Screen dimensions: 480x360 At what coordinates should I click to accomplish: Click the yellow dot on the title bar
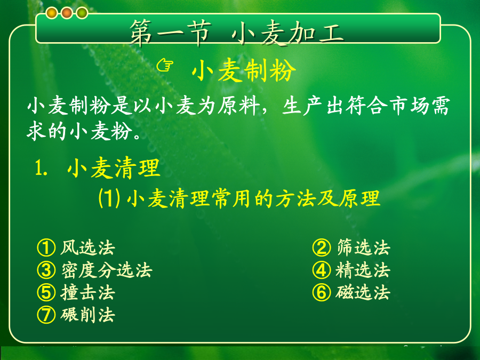(x=52, y=13)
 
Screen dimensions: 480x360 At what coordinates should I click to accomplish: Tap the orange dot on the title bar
(x=67, y=13)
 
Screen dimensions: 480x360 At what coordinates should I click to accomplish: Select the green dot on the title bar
(x=82, y=13)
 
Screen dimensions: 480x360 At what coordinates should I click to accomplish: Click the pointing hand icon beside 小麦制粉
(x=165, y=65)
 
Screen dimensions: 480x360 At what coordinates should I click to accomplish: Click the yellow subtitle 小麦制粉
(x=244, y=71)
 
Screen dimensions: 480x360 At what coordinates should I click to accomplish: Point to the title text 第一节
(x=171, y=33)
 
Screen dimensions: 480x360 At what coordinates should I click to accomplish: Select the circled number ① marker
(x=46, y=247)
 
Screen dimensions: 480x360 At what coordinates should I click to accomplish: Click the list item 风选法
(x=87, y=247)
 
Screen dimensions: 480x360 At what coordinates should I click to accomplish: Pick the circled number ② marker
(x=322, y=247)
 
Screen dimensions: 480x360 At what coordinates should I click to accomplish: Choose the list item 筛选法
(x=363, y=247)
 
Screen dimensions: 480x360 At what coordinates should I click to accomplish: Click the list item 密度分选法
(x=107, y=270)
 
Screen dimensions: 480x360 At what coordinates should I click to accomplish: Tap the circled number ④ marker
(x=322, y=270)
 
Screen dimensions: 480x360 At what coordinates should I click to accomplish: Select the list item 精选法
(x=363, y=270)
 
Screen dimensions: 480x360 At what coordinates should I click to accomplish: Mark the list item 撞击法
(x=87, y=292)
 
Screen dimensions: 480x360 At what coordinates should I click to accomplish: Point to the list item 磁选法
(x=363, y=292)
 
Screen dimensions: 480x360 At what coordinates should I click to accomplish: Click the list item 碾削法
(x=87, y=315)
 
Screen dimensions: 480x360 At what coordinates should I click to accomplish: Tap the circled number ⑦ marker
(x=46, y=315)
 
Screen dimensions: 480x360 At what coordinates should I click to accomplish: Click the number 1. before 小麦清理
(x=41, y=168)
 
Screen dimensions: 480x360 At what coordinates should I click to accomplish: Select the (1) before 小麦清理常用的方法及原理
(x=109, y=198)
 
